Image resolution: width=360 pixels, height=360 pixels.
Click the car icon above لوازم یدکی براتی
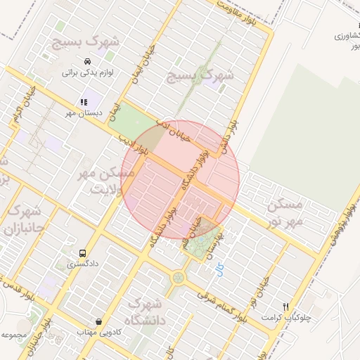86,61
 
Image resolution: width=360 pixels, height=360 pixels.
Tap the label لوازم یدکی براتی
88,72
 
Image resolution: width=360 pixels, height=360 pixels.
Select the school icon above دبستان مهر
84,102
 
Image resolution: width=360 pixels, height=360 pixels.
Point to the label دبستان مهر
84,112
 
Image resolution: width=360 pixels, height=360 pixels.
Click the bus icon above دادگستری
84,253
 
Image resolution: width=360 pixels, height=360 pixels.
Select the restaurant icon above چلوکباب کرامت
285,307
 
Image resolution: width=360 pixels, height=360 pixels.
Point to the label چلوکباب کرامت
285,318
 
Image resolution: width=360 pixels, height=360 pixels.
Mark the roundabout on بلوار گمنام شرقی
179,278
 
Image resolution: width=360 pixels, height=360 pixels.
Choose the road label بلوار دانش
231,132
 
